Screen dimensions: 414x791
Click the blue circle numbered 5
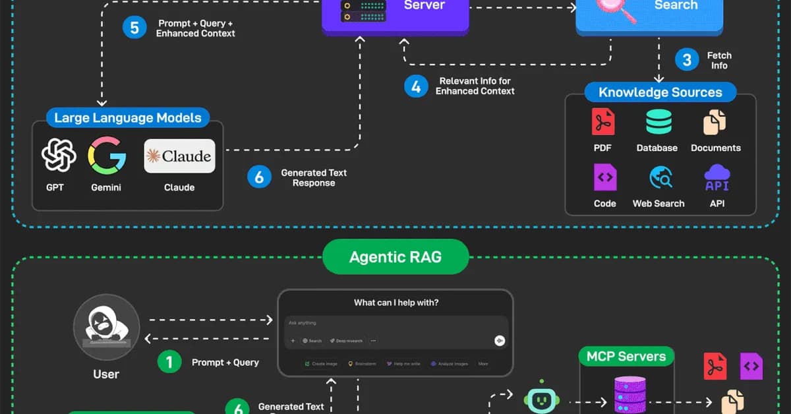(134, 28)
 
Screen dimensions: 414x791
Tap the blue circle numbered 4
(416, 86)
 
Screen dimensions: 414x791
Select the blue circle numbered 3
(687, 61)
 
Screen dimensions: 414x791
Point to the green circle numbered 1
(169, 362)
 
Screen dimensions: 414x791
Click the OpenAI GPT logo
(55, 156)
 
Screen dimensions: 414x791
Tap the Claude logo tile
(179, 156)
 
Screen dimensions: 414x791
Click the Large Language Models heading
(128, 118)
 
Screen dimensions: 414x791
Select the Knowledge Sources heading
(660, 92)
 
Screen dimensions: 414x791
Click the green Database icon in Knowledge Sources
(659, 123)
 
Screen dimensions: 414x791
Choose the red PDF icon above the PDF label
(602, 123)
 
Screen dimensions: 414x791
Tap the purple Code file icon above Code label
(604, 178)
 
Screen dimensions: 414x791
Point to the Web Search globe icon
(659, 178)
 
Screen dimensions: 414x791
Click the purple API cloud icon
(717, 178)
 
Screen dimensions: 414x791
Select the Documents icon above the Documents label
(715, 123)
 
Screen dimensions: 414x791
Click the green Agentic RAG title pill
(395, 256)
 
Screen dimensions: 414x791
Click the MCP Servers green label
(626, 357)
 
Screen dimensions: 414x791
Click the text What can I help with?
(395, 303)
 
